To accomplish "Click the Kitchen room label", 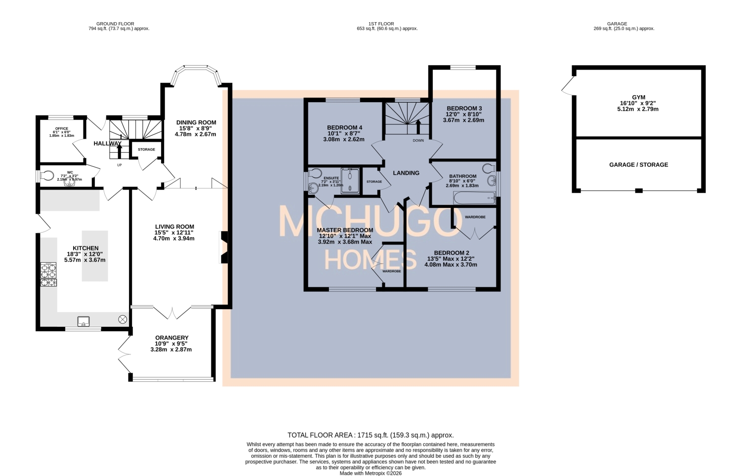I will (86, 248).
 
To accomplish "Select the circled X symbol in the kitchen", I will (123, 319).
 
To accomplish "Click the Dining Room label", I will (196, 122).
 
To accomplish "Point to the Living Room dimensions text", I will (174, 236).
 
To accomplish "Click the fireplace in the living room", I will (223, 247).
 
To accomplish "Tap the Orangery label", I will (171, 338).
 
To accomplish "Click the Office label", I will (62, 128).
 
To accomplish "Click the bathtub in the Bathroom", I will (475, 198).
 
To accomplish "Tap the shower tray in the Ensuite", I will (351, 180).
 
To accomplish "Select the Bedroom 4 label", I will (344, 127).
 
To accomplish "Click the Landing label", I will (406, 173).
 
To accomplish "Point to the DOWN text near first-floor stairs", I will (418, 140).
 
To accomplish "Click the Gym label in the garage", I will (638, 98).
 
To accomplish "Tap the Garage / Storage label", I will (638, 165).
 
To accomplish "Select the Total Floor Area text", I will (370, 435).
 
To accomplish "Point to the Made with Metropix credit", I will (370, 473).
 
